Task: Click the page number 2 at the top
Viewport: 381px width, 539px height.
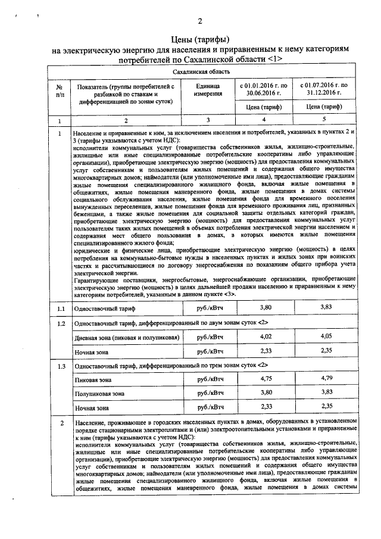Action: [200, 22]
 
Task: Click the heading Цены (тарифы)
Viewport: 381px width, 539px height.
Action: [200, 39]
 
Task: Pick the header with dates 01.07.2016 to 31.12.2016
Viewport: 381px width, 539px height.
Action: [326, 91]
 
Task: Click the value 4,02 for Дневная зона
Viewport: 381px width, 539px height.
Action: [263, 337]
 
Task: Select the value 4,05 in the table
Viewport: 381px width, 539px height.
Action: [326, 337]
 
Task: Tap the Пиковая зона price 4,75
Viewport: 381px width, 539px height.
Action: [263, 378]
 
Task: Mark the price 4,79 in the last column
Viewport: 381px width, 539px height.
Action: [326, 378]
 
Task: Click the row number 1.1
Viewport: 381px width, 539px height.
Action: [60, 309]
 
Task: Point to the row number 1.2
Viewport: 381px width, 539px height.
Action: [60, 324]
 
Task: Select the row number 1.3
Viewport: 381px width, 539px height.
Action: [60, 366]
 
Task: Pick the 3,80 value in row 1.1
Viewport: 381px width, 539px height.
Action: [263, 307]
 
